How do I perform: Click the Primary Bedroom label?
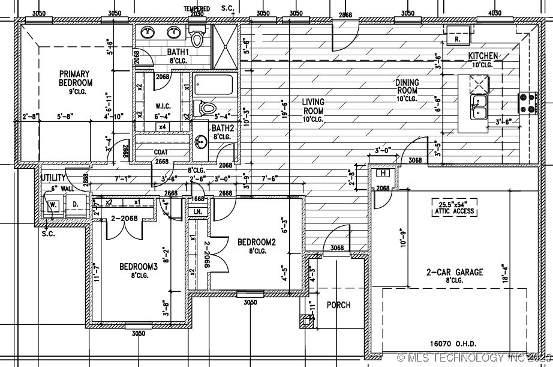[75, 78]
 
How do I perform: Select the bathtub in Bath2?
[215, 84]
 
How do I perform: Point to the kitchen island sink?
[478, 106]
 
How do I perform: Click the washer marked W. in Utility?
[53, 204]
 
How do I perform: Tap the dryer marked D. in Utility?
[76, 204]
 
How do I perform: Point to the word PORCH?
[338, 305]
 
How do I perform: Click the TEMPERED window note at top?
[197, 9]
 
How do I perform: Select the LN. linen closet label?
[196, 212]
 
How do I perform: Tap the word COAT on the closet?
[160, 152]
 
